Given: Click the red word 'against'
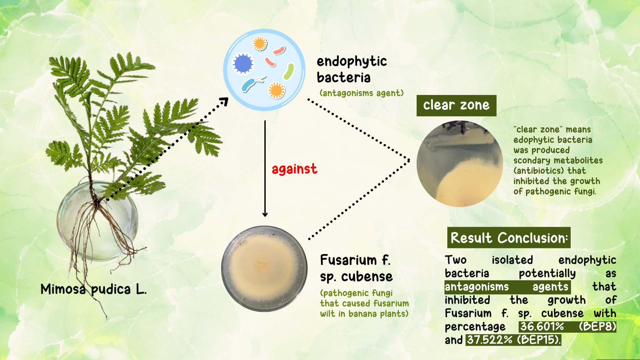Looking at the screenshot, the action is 294,169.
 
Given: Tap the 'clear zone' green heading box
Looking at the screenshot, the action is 456,106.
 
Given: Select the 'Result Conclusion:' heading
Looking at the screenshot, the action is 509,238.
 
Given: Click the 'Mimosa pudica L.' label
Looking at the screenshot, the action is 93,289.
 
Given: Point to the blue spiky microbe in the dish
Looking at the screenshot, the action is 243,63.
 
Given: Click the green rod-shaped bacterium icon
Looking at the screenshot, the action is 289,72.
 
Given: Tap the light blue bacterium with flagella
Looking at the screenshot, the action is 252,84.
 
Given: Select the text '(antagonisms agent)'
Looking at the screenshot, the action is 362,93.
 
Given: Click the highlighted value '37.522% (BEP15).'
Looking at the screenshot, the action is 513,340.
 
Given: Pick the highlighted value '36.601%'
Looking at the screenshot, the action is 542,326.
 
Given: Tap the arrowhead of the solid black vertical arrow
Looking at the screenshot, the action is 265,214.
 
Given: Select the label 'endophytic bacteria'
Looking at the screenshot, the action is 352,69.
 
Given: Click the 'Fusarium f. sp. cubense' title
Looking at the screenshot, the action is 356,268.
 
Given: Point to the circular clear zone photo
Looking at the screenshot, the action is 460,164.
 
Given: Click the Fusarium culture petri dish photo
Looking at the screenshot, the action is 264,269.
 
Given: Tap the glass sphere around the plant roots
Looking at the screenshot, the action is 97,221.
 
